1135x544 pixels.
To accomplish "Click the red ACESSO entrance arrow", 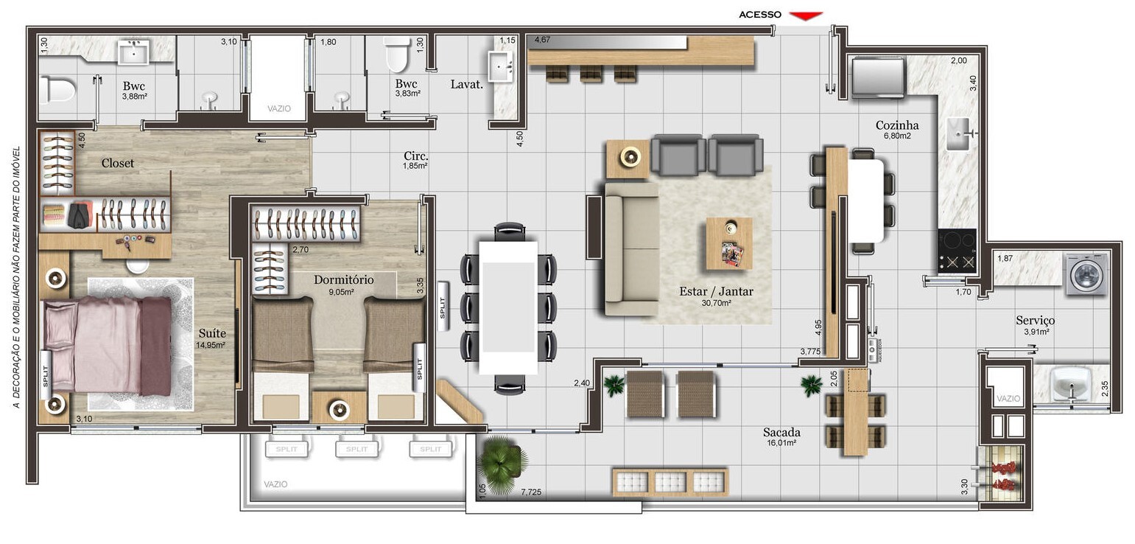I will (x=805, y=15).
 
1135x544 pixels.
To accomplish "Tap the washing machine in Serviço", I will (x=1086, y=275).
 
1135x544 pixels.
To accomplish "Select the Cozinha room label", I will (x=896, y=125).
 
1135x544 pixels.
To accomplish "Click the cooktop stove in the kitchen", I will (x=957, y=251).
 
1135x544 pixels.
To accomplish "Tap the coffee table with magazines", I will (x=728, y=243).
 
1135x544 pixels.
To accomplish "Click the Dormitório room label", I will (x=343, y=280).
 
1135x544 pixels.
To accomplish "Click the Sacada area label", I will (x=781, y=433).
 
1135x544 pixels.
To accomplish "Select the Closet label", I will (x=118, y=163).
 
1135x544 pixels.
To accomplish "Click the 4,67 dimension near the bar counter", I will (x=543, y=39).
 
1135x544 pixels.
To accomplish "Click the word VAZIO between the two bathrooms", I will (x=278, y=108).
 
